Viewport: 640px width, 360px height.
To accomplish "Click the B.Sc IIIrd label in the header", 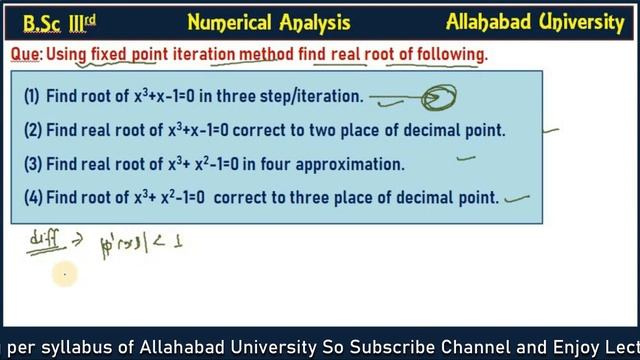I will tap(48, 22).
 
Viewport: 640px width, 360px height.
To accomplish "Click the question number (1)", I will tap(32, 97).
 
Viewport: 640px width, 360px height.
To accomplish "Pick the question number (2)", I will tap(32, 130).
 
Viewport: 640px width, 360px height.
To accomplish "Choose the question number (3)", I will tap(32, 163).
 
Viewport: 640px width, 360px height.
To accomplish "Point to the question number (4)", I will tap(32, 197).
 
